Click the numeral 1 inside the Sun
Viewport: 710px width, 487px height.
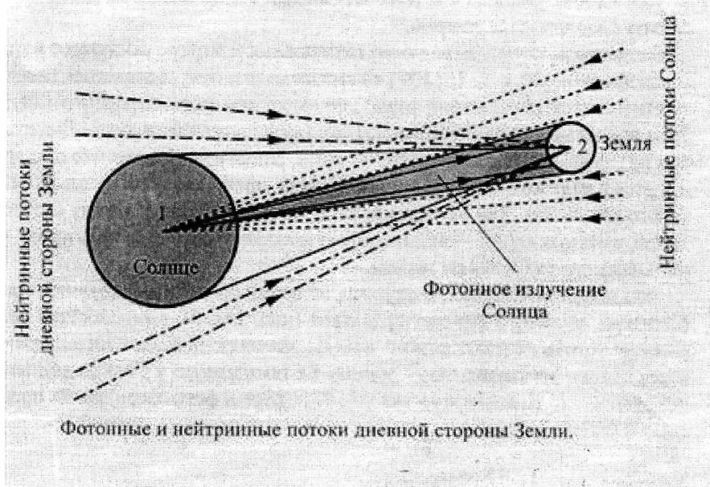coord(162,212)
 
